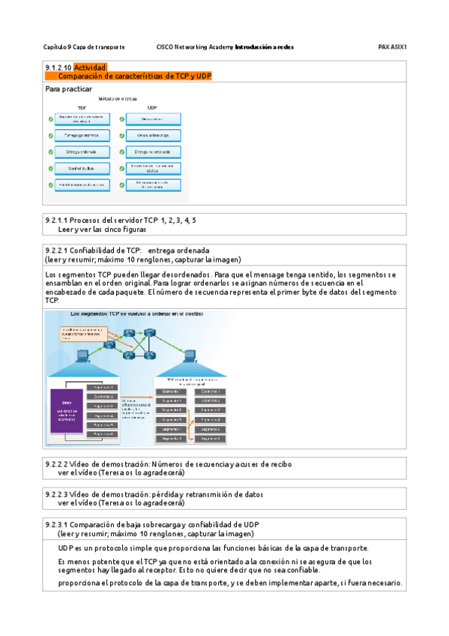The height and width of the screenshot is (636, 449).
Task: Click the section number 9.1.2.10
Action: tap(58, 67)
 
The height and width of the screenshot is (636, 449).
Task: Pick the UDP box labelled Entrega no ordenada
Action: tap(154, 152)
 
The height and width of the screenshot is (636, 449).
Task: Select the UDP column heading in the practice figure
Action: tap(152, 107)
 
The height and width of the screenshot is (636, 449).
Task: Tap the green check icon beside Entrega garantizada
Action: tap(50, 136)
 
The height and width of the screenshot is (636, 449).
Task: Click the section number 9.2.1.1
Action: tap(57, 220)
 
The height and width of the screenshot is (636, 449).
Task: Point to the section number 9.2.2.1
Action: tap(57, 250)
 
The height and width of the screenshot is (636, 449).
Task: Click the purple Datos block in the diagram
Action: tap(67, 410)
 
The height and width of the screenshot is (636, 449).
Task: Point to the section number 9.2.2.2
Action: tap(57, 464)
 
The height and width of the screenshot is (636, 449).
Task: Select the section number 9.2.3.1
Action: tap(57, 525)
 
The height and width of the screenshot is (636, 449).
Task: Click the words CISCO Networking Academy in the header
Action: tap(194, 46)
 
